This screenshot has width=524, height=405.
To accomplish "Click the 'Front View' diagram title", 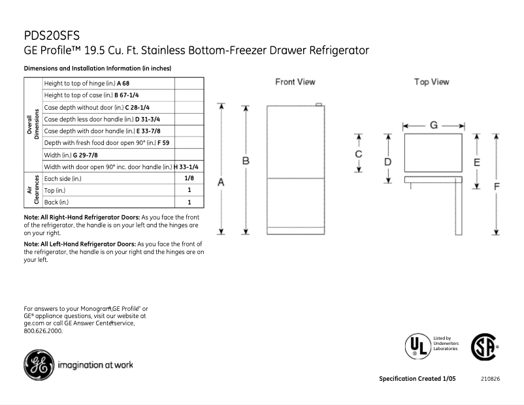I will coord(295,82).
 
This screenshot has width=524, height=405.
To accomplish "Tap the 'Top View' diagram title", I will coord(431,82).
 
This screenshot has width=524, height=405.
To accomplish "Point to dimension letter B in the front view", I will coord(246,161).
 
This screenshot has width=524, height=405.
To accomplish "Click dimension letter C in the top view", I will coord(358,154).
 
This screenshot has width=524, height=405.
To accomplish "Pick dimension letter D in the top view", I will coord(387,161).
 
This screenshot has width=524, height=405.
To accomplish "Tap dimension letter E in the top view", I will coord(477,161).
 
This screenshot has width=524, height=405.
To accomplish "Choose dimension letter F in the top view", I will coord(497,186).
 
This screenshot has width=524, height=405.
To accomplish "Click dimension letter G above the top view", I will coord(433,125).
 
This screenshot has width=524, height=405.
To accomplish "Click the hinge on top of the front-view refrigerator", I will coord(318,105).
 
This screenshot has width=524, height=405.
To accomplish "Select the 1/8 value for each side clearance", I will coord(188,178).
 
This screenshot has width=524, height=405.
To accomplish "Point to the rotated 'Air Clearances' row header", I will coord(33,190).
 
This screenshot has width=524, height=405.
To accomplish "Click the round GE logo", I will coord(39,364).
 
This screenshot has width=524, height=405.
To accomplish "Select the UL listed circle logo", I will coord(416,346).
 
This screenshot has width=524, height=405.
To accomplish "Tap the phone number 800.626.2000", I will coord(43,331).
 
